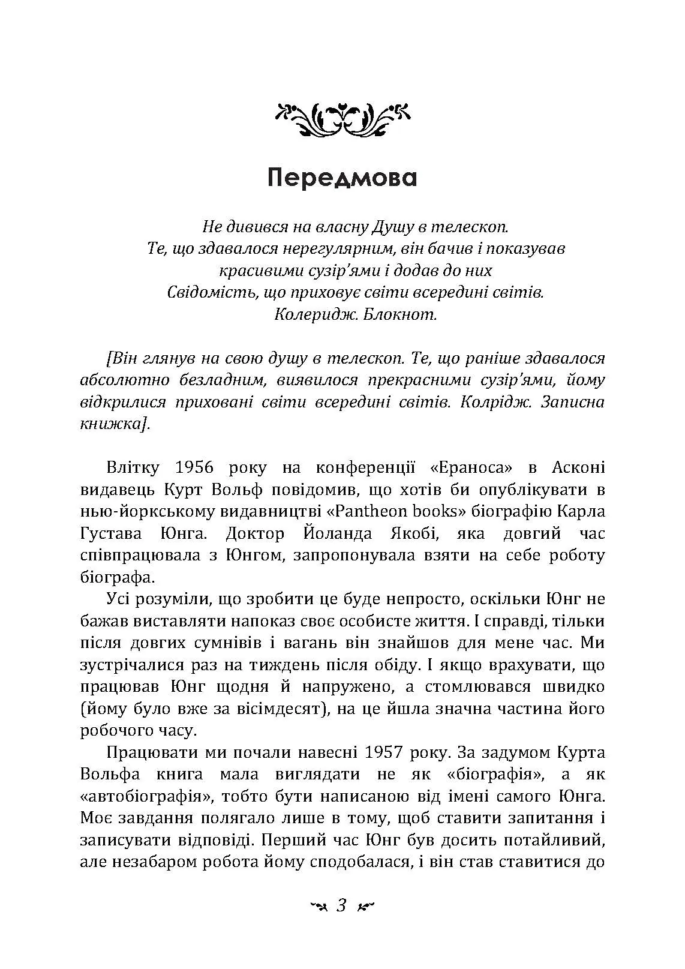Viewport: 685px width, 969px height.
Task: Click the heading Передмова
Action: tap(342, 178)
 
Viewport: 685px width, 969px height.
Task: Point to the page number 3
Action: tap(342, 904)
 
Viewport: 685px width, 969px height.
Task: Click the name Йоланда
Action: tap(338, 533)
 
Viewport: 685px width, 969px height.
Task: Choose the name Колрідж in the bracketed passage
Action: tap(495, 402)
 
